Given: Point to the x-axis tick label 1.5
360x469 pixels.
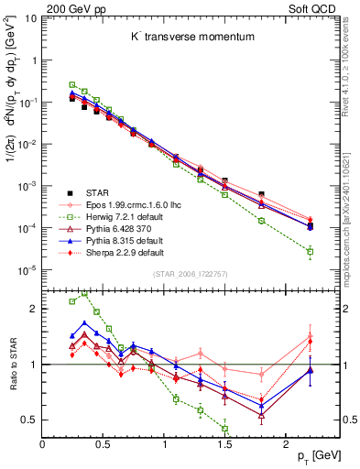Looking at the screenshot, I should [x=224, y=445].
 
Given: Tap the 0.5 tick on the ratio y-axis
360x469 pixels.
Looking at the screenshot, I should [x=30, y=420].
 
